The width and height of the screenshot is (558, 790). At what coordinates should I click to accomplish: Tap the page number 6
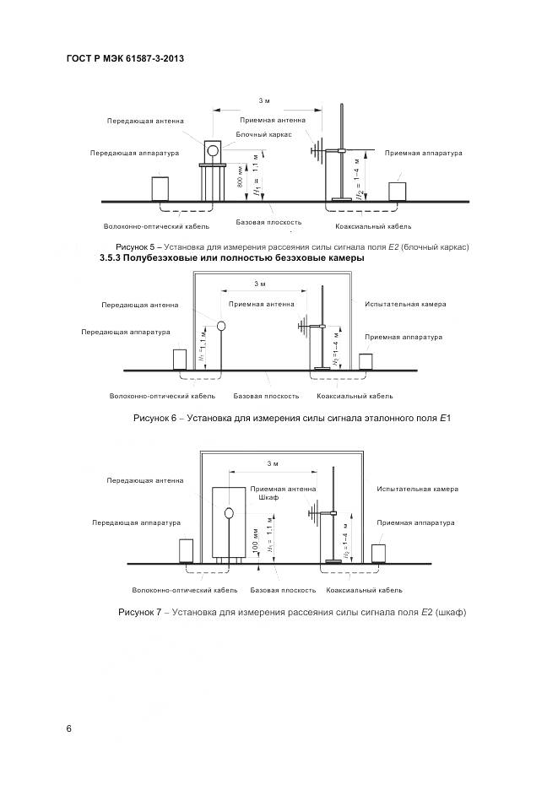[69, 728]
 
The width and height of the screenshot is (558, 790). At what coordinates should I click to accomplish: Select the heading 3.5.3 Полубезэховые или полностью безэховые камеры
[231, 257]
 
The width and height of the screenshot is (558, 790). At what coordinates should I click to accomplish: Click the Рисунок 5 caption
[285, 246]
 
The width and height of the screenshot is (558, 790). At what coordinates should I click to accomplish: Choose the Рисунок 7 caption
[292, 612]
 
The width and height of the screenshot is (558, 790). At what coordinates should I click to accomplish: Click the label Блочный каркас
[263, 134]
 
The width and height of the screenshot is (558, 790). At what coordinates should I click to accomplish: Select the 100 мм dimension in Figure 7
[254, 544]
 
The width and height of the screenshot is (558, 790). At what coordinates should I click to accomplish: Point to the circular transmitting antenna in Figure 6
[221, 325]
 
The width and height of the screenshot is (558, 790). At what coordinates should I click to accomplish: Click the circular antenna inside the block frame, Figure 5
[214, 150]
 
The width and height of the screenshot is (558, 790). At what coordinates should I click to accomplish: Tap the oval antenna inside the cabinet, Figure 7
[228, 512]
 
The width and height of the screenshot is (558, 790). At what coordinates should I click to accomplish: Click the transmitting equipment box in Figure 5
[160, 187]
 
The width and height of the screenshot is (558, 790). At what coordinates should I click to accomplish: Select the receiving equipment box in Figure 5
[398, 190]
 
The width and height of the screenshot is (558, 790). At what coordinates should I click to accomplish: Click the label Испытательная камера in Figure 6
[405, 304]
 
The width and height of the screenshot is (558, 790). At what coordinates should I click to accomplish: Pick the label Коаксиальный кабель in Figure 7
[364, 591]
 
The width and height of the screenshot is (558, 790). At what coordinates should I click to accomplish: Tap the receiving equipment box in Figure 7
[379, 553]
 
